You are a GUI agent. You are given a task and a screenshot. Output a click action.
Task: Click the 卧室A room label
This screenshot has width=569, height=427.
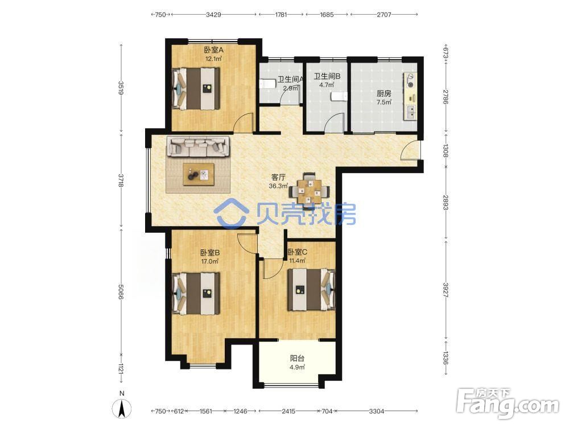213,50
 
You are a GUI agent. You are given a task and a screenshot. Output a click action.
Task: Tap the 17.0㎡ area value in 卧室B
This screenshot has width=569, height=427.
210,261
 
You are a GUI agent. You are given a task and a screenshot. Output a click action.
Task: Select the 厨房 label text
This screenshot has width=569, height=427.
384,94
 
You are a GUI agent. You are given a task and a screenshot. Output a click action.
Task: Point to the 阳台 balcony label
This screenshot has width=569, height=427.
297,358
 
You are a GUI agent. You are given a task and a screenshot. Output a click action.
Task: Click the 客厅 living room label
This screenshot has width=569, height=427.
278,177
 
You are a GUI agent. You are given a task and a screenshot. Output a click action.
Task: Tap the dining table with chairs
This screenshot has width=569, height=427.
309,191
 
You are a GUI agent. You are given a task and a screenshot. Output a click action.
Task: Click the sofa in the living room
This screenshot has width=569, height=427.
198,147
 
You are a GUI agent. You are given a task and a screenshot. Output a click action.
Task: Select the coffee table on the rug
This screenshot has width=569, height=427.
199,174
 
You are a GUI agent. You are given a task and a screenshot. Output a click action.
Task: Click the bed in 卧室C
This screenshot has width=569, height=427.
311,290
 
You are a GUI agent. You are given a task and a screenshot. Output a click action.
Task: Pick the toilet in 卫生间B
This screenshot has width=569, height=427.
339,97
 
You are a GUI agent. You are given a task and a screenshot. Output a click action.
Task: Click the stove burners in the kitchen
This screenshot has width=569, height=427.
411,80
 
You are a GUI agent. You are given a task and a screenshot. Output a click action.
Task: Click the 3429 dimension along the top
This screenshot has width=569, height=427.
213,15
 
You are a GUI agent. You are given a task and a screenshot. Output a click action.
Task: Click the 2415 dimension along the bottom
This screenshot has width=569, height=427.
288,411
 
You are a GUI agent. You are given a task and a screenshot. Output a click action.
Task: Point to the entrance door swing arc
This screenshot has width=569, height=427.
406,149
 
